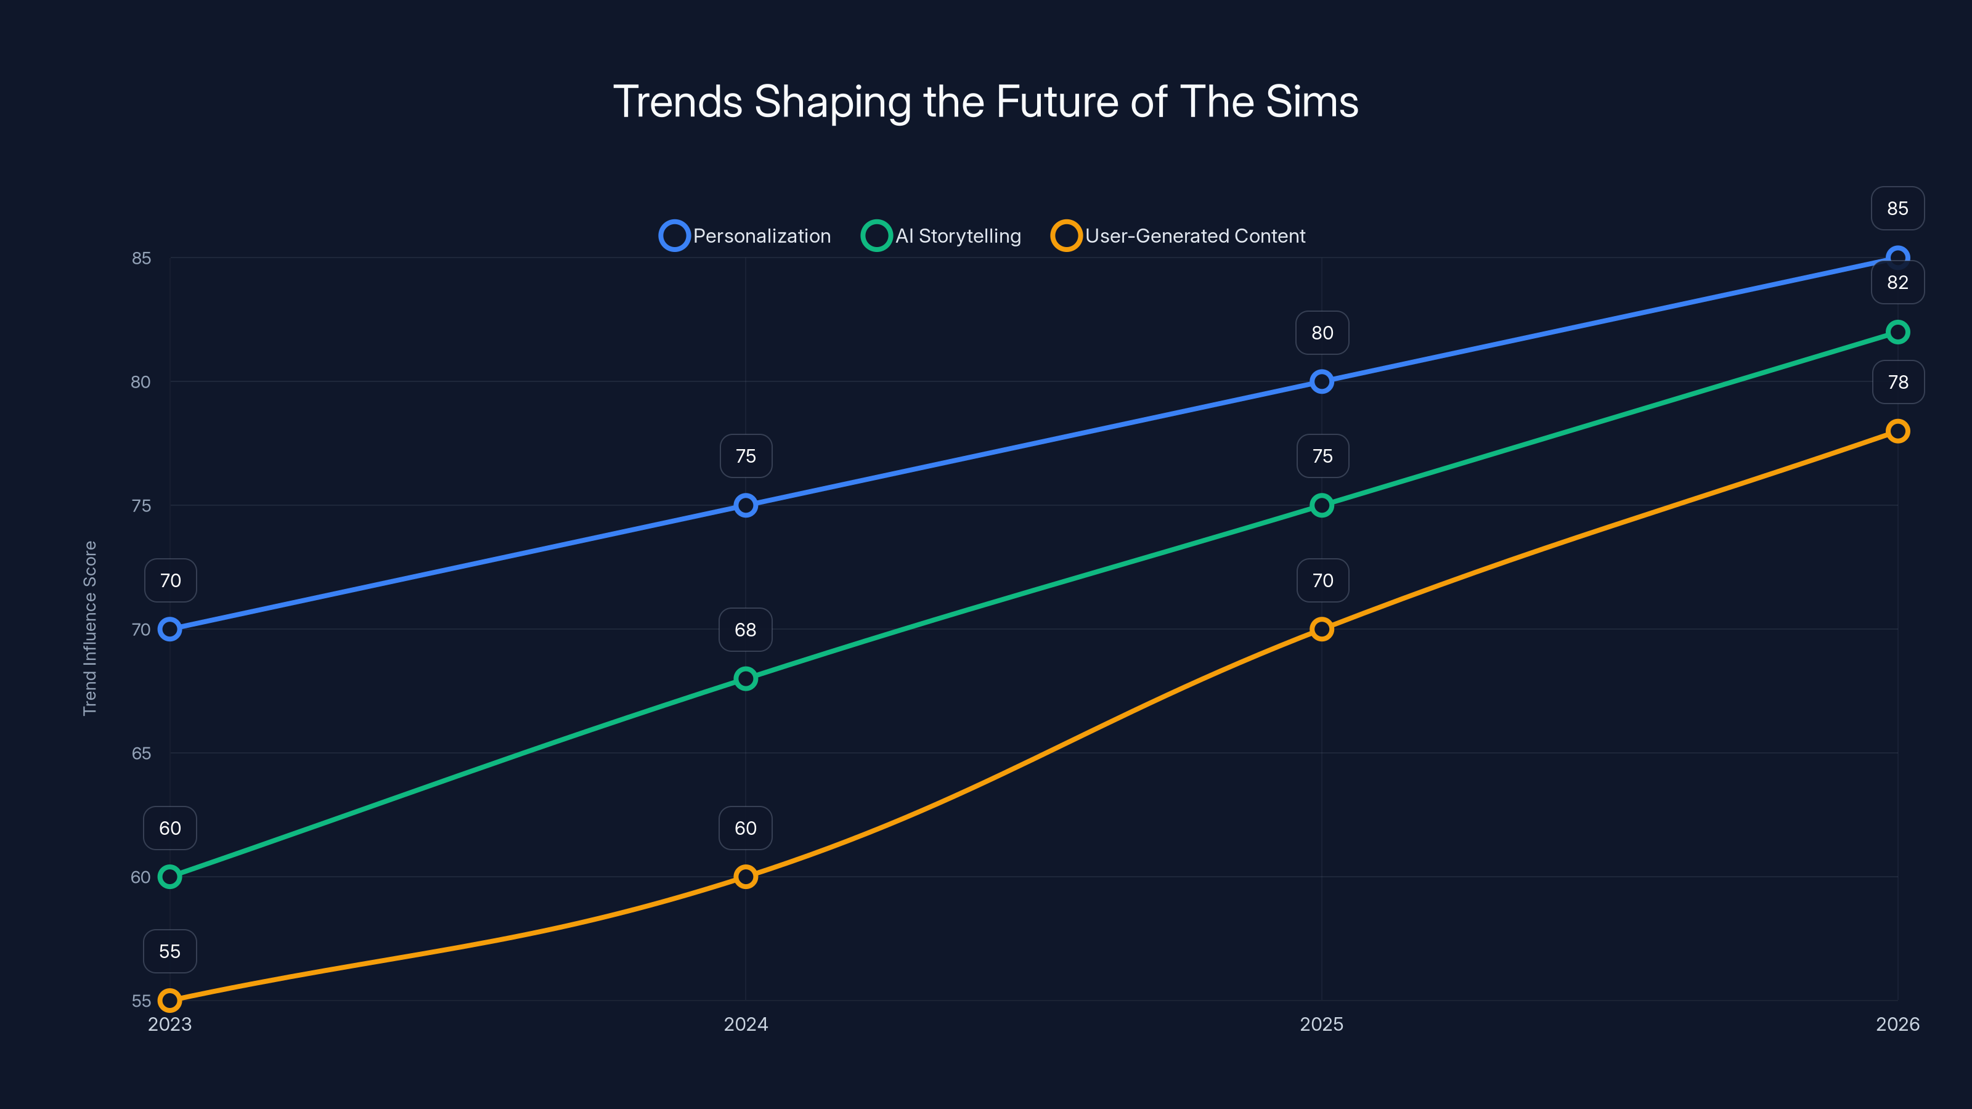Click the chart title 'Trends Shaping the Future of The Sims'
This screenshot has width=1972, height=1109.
[985, 102]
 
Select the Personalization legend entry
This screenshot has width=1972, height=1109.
[746, 236]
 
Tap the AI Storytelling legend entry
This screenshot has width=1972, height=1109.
[942, 236]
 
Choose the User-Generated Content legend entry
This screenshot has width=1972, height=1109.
[1179, 236]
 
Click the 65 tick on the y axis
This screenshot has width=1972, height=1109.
[142, 753]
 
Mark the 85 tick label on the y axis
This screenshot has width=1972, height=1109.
[142, 258]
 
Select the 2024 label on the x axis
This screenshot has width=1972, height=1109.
[746, 1024]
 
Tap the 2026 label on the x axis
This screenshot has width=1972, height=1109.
[1897, 1024]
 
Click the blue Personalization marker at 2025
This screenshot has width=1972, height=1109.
[1321, 381]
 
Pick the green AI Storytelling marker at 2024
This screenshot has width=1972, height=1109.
[746, 679]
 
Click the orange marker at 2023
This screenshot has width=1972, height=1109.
[170, 1001]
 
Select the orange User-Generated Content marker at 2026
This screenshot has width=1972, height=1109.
[1897, 431]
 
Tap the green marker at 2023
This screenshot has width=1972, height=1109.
[170, 876]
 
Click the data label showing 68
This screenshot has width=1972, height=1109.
[746, 630]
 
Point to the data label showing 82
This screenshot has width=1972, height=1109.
[1897, 282]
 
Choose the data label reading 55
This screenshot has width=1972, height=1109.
[170, 951]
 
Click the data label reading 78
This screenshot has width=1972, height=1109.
[1897, 382]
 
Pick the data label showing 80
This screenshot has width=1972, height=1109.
[1321, 333]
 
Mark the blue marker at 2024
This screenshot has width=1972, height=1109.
[746, 505]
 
